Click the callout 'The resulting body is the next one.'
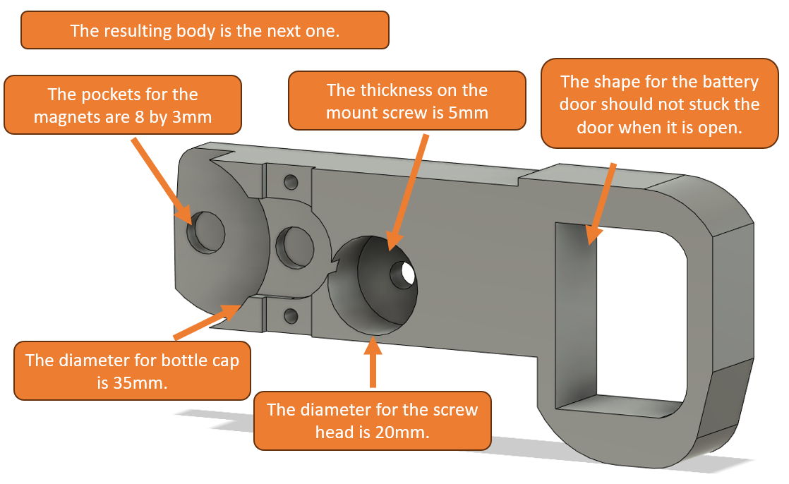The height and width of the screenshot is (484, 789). pyautogui.click(x=205, y=30)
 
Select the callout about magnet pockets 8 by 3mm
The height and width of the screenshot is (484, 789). pyautogui.click(x=123, y=105)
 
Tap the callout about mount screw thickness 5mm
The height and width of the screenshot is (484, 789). pyautogui.click(x=407, y=101)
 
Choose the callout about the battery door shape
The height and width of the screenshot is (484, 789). pyautogui.click(x=660, y=104)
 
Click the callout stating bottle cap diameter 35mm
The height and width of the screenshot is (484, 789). pyautogui.click(x=133, y=371)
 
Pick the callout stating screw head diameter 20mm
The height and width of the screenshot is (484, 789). pyautogui.click(x=373, y=421)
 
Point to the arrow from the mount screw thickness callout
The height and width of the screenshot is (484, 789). pyautogui.click(x=409, y=192)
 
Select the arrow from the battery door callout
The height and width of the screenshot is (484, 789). pyautogui.click(x=600, y=203)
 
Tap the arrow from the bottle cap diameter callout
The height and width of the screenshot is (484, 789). pyautogui.click(x=208, y=322)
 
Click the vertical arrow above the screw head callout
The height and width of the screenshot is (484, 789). pyautogui.click(x=373, y=362)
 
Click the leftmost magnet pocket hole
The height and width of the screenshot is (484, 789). pyautogui.click(x=206, y=232)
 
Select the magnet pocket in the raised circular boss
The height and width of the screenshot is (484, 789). pyautogui.click(x=296, y=247)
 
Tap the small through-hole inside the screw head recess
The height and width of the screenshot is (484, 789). pyautogui.click(x=404, y=274)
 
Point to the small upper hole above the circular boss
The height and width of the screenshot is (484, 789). pyautogui.click(x=291, y=181)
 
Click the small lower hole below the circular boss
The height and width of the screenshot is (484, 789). pyautogui.click(x=291, y=316)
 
